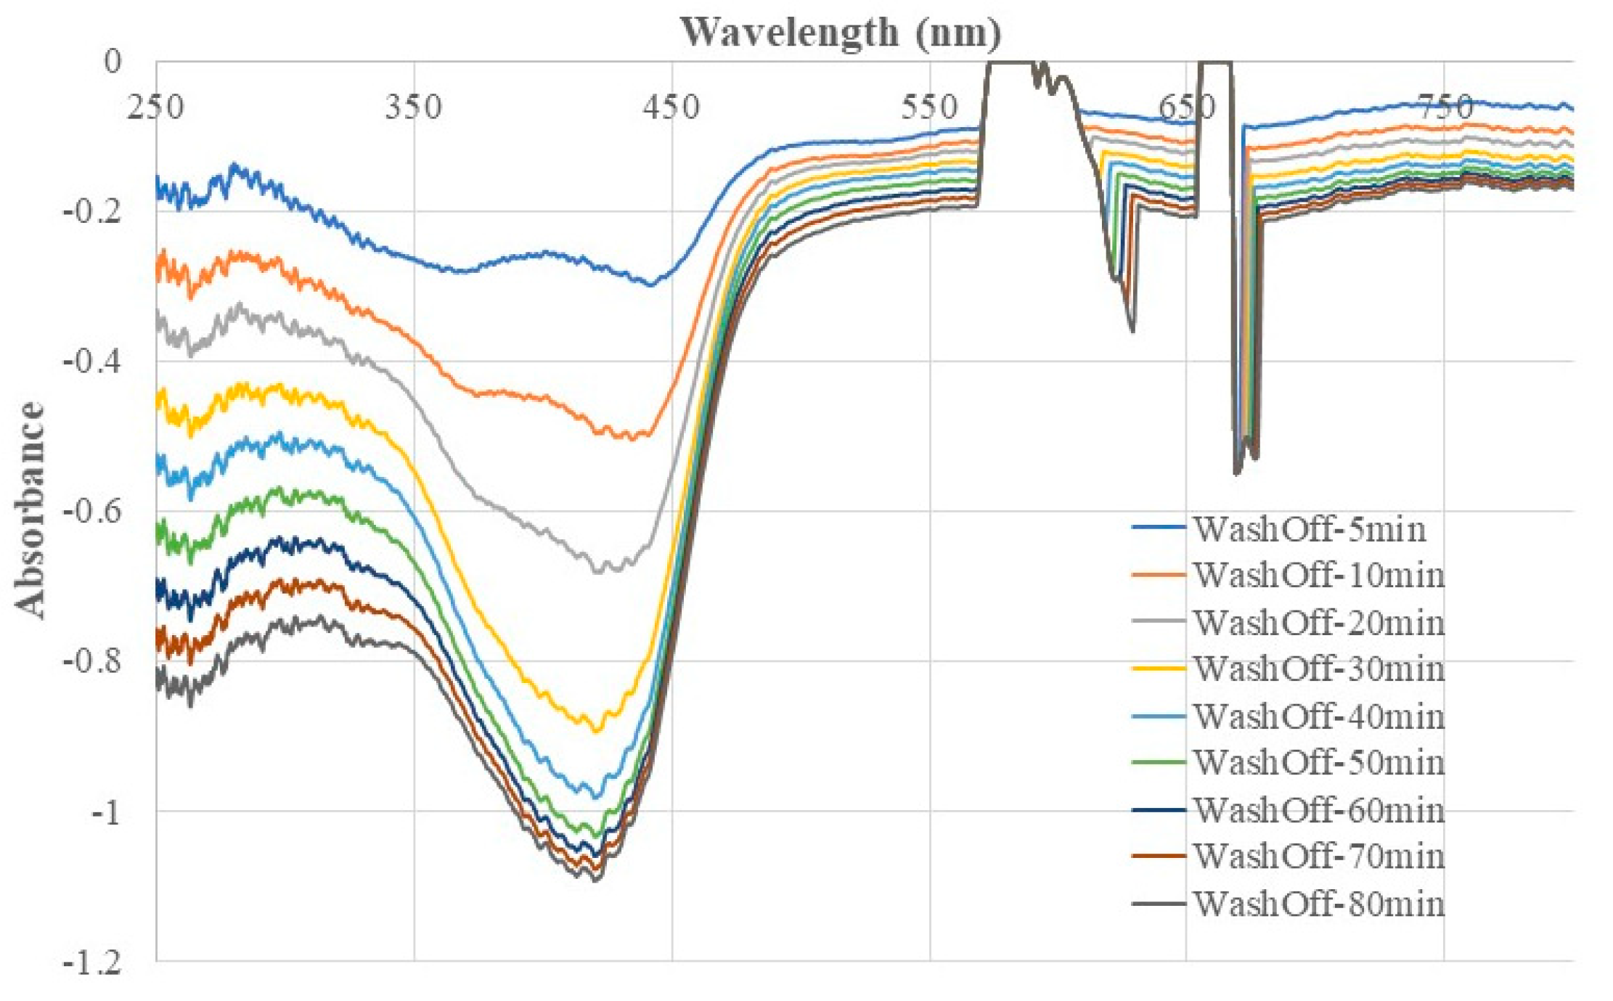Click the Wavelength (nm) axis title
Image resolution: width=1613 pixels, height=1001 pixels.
pos(840,33)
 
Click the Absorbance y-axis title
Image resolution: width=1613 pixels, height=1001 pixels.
pos(30,510)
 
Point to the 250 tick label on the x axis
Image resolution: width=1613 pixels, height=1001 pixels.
pos(155,108)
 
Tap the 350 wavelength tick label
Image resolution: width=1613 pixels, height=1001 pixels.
pos(413,108)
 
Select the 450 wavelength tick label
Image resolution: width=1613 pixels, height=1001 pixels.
pos(671,108)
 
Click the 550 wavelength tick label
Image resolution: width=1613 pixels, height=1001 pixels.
pos(929,108)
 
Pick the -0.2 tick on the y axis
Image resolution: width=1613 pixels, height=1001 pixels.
pos(92,212)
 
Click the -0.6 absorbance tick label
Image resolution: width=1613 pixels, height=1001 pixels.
pos(92,511)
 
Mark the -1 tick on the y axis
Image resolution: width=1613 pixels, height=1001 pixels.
pos(105,812)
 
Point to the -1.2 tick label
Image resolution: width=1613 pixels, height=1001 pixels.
pos(92,964)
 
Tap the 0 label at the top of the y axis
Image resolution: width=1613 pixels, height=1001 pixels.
pos(113,62)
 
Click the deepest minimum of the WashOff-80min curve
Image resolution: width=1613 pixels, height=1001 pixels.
pos(596,881)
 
